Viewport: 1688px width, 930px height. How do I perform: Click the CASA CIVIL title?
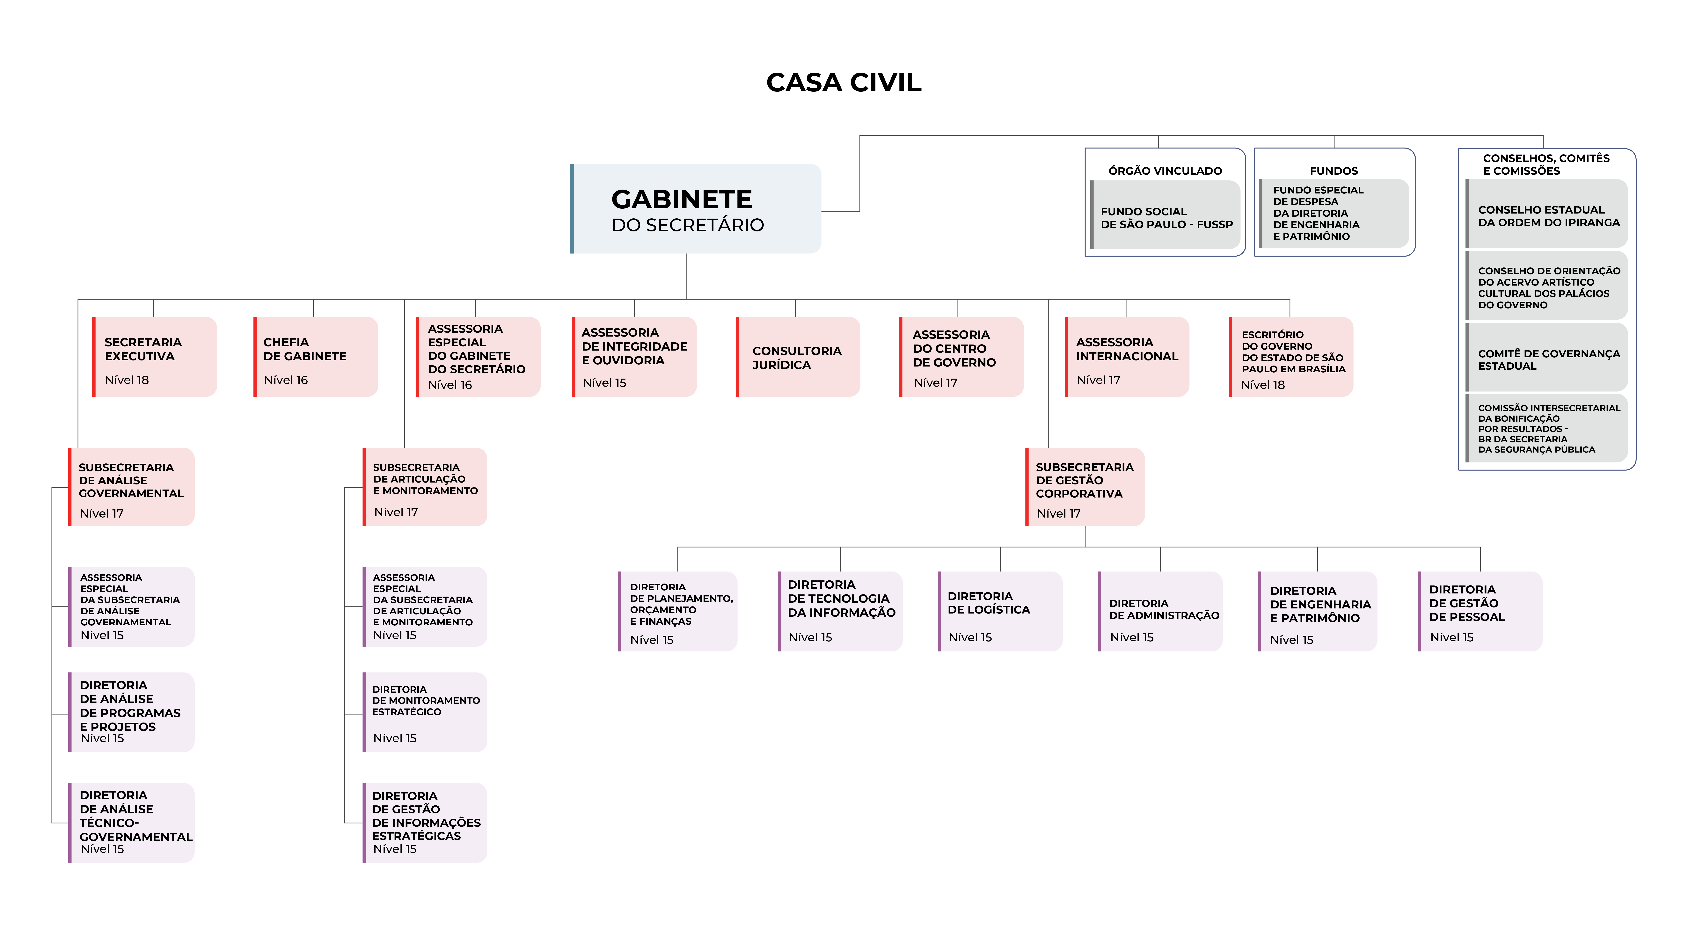843,83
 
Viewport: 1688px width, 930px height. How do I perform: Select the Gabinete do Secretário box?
695,208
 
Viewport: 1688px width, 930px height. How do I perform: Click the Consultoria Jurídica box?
798,357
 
